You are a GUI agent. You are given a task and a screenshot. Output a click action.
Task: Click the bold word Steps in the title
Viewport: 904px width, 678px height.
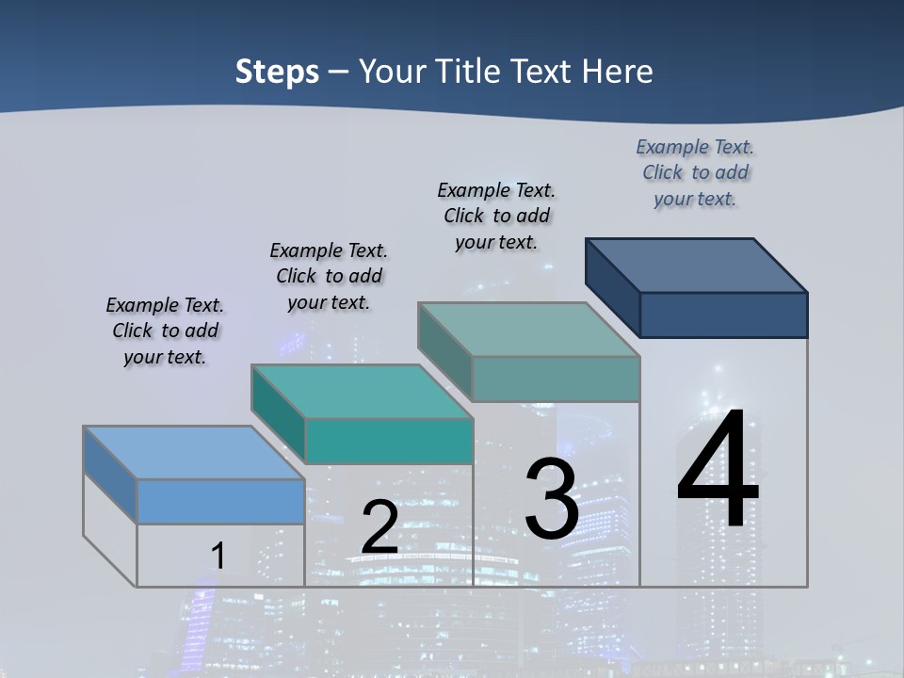(277, 72)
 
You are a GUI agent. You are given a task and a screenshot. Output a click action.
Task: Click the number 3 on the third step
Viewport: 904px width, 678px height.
(552, 499)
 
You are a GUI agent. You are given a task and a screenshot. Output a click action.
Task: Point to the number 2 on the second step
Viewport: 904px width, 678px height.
(379, 526)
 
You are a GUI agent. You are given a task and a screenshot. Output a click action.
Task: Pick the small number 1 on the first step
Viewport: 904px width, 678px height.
(218, 556)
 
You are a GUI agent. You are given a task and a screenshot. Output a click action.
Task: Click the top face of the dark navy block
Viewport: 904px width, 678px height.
(697, 265)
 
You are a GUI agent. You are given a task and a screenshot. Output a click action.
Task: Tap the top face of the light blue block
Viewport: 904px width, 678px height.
(194, 453)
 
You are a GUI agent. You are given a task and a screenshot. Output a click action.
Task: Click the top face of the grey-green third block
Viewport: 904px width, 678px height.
(529, 329)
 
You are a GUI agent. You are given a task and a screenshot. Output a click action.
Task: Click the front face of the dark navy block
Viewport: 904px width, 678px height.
(723, 315)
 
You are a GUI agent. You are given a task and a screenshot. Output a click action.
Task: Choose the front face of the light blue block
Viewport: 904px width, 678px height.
(220, 501)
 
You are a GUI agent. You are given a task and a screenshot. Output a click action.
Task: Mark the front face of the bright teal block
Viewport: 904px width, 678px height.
(388, 441)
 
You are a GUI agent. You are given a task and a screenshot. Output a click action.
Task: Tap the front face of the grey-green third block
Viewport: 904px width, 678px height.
(556, 379)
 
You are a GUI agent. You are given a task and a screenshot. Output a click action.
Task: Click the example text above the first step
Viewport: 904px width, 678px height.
(165, 331)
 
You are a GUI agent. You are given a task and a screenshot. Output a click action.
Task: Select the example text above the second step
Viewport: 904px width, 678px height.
(329, 276)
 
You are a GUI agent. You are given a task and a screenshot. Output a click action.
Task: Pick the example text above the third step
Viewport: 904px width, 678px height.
(496, 216)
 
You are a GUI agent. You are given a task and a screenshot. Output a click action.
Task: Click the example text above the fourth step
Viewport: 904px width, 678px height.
(695, 172)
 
